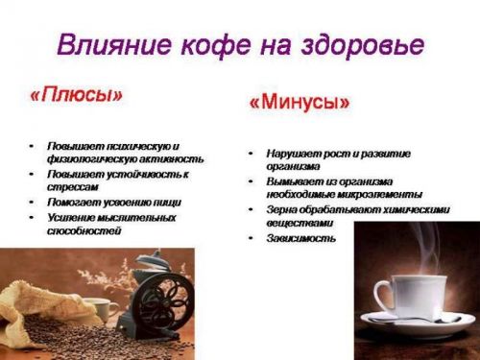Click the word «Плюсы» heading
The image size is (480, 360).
click(76, 96)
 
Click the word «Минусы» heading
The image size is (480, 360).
click(300, 103)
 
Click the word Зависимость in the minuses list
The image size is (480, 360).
click(301, 237)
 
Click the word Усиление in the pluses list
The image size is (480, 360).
click(72, 218)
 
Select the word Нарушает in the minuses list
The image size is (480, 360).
click(293, 153)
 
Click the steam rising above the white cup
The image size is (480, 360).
click(422, 250)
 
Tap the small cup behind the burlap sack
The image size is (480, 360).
click(98, 309)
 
